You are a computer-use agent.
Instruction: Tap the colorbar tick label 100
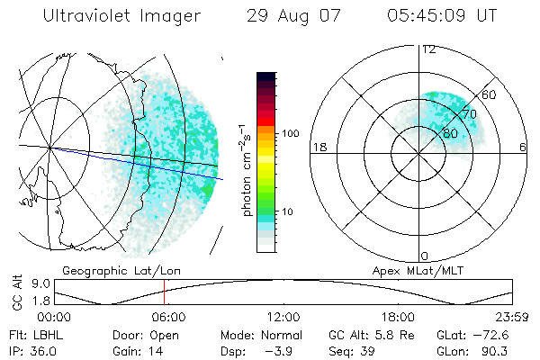pyautogui.click(x=291, y=133)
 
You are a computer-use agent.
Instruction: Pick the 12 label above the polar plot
pyautogui.click(x=429, y=49)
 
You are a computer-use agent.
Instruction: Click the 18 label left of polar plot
pyautogui.click(x=318, y=148)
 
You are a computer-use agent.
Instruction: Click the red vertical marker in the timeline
pyautogui.click(x=165, y=293)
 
